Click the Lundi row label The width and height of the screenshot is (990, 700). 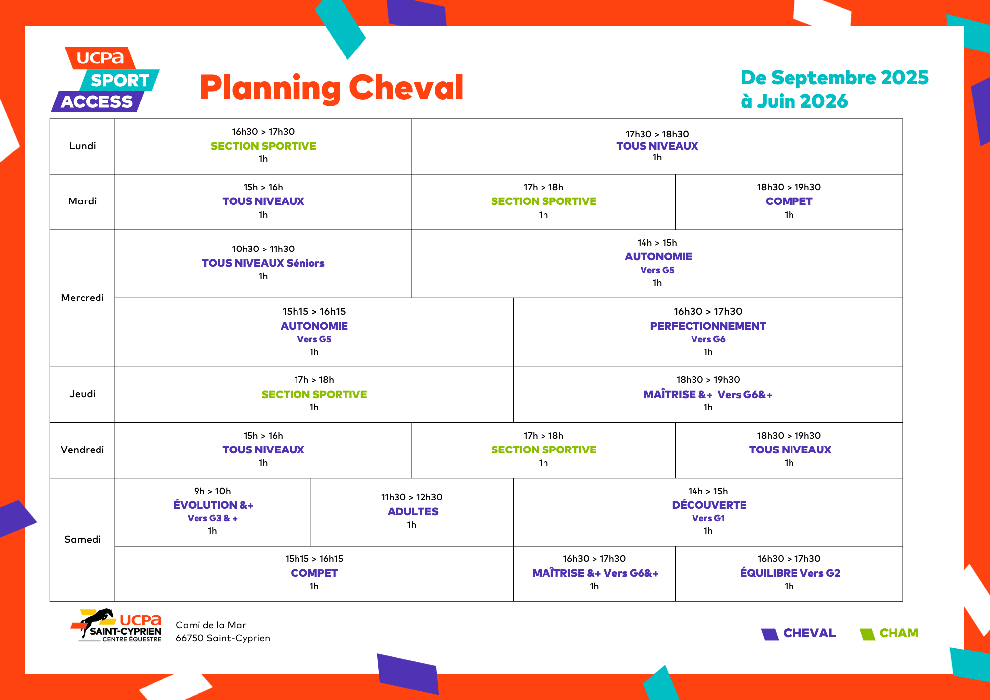(x=82, y=146)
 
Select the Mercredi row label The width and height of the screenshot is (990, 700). (x=82, y=298)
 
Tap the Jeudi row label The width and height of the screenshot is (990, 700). (x=82, y=394)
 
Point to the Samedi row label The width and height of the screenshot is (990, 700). (x=82, y=539)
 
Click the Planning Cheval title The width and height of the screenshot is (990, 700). (x=331, y=88)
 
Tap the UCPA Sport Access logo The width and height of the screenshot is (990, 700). (x=105, y=79)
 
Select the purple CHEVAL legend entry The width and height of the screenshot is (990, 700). (x=798, y=633)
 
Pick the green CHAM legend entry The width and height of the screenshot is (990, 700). (x=889, y=633)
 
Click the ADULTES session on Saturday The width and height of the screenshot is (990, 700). (x=412, y=511)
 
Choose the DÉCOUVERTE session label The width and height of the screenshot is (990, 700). (x=709, y=505)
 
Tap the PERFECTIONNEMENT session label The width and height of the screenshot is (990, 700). (x=708, y=326)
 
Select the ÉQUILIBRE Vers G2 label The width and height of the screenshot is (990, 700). (x=790, y=573)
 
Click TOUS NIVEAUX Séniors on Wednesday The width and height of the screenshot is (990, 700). (x=263, y=263)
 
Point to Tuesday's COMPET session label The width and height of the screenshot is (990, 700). (x=789, y=201)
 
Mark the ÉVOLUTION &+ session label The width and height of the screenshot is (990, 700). (x=213, y=505)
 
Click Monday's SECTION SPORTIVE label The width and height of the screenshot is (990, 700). (x=263, y=146)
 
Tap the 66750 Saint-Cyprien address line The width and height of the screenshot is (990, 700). (x=223, y=638)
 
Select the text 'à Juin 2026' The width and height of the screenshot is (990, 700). (x=794, y=101)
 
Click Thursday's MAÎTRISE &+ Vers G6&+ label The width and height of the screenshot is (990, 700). (x=708, y=394)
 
